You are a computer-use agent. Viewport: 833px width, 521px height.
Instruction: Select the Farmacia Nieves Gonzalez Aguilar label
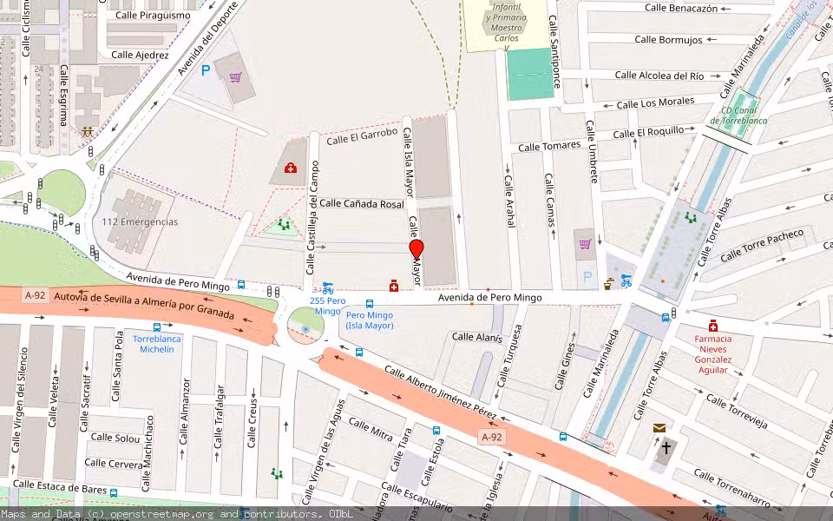tap(712, 354)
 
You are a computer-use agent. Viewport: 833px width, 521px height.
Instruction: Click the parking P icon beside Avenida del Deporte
tap(206, 71)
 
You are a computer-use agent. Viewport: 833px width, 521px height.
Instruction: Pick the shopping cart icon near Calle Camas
tap(585, 244)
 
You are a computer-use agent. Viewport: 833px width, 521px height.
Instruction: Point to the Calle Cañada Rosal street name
tap(362, 203)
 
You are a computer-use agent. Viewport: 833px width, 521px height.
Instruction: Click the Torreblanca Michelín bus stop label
tap(157, 344)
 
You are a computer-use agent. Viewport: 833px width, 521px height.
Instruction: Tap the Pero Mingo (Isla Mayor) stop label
tap(370, 320)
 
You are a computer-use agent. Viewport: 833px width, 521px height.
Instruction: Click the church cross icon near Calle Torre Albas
tap(666, 449)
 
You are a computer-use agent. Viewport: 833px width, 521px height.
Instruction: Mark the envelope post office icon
tap(659, 428)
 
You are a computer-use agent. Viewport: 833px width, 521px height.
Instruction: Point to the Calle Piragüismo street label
tap(153, 16)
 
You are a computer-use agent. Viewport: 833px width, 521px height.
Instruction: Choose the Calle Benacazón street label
tap(681, 8)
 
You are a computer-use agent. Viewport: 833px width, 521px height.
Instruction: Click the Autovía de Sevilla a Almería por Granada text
tap(144, 304)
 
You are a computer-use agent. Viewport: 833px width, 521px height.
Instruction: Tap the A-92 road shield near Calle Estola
tap(491, 437)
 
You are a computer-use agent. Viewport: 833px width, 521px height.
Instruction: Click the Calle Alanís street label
tap(477, 337)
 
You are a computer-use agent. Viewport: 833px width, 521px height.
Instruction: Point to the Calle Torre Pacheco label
tap(763, 245)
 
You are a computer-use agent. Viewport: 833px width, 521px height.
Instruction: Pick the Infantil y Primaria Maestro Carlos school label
tap(506, 23)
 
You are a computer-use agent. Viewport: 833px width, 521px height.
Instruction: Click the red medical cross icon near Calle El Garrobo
tap(291, 168)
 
